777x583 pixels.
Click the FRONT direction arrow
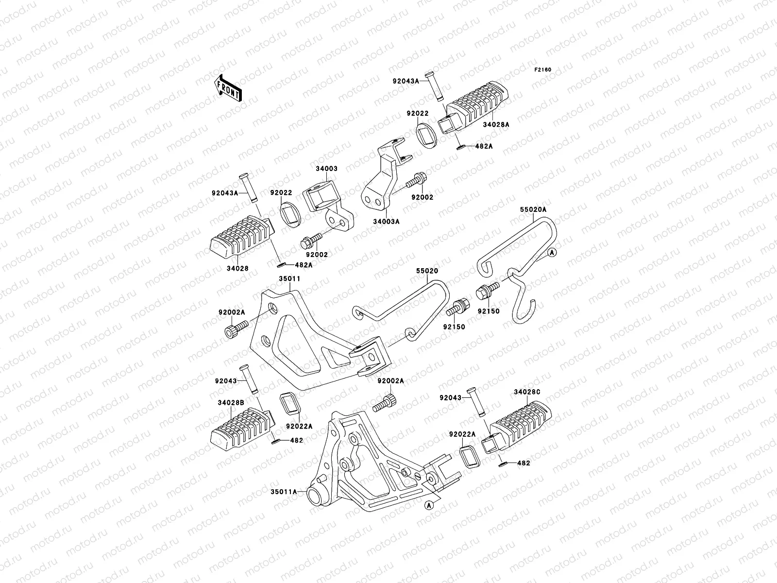click(228, 87)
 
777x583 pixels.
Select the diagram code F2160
click(543, 70)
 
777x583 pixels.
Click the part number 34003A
click(386, 222)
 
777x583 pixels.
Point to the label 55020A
click(533, 209)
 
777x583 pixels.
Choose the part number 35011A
click(284, 491)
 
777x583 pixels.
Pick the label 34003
click(326, 169)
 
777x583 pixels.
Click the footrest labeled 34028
click(239, 239)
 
